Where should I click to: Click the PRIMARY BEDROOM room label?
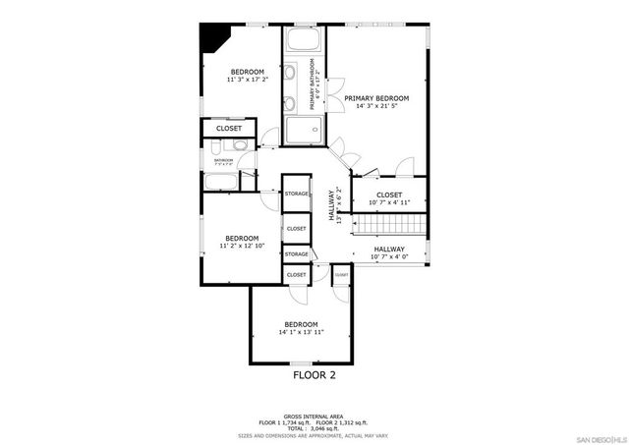click(x=376, y=98)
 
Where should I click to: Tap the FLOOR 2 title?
click(x=314, y=374)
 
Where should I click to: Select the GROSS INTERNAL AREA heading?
click(x=314, y=417)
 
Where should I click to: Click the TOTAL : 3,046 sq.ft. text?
click(x=314, y=428)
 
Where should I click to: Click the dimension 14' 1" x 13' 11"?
click(x=301, y=332)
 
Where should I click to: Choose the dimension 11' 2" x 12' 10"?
click(x=242, y=246)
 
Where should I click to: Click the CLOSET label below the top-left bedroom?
click(x=229, y=128)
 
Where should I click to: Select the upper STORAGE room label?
click(x=297, y=194)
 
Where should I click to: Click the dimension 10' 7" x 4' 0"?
click(x=389, y=257)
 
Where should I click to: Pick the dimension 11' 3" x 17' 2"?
click(x=248, y=80)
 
